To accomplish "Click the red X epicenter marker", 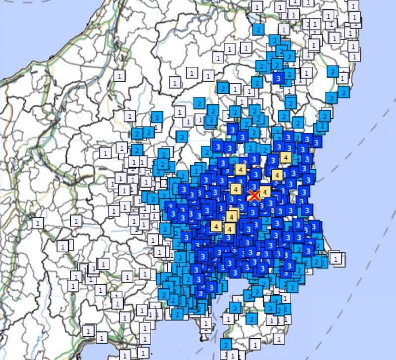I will pos(254,195).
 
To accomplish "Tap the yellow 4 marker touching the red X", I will pos(265,192).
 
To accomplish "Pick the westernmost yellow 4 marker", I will pos(216,226).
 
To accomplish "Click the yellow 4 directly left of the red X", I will pos(236,189).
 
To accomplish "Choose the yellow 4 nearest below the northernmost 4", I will pos(277,175).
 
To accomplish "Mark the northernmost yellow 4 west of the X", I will pos(241,170).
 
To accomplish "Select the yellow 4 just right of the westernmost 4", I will pos(229,228).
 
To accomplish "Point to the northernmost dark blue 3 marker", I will pos(279,78).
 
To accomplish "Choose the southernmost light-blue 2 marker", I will pos(226,345).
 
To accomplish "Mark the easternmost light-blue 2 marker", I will pos(343,91).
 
